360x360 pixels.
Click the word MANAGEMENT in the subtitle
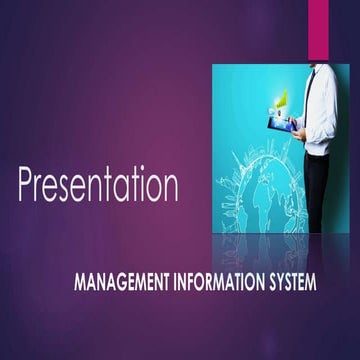(118, 282)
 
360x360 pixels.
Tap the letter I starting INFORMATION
(166, 282)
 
